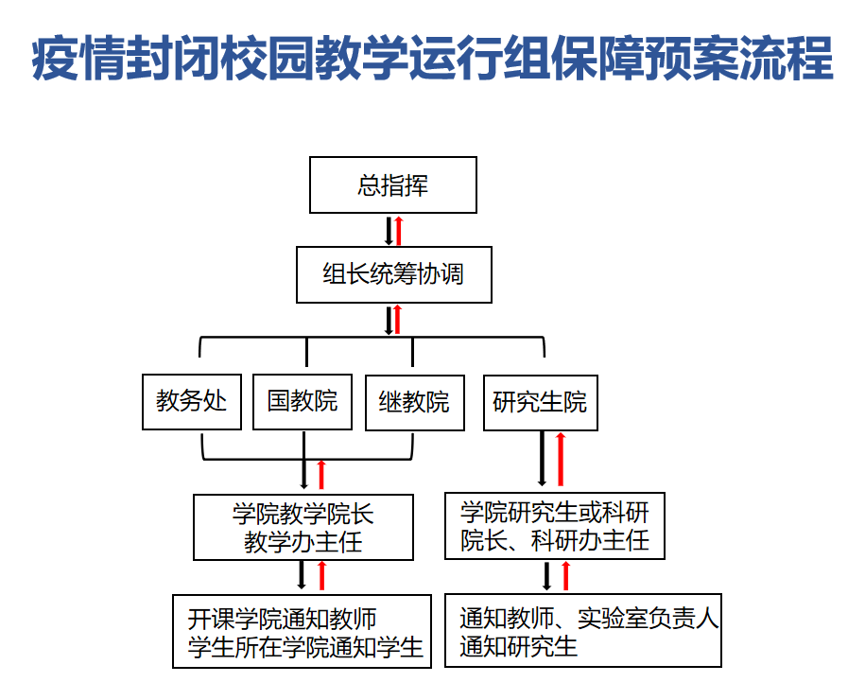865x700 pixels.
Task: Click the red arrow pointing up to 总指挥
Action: pyautogui.click(x=399, y=231)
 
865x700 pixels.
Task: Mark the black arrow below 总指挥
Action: pyautogui.click(x=389, y=231)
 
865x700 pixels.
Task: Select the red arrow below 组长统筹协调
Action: pyautogui.click(x=397, y=320)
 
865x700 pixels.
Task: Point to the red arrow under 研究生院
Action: pyautogui.click(x=561, y=460)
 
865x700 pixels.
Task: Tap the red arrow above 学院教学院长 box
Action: pyautogui.click(x=321, y=475)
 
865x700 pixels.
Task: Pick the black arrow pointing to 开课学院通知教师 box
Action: pyautogui.click(x=302, y=575)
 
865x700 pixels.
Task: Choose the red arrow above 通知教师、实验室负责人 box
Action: pyautogui.click(x=565, y=576)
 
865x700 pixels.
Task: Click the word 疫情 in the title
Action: pyautogui.click(x=78, y=58)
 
